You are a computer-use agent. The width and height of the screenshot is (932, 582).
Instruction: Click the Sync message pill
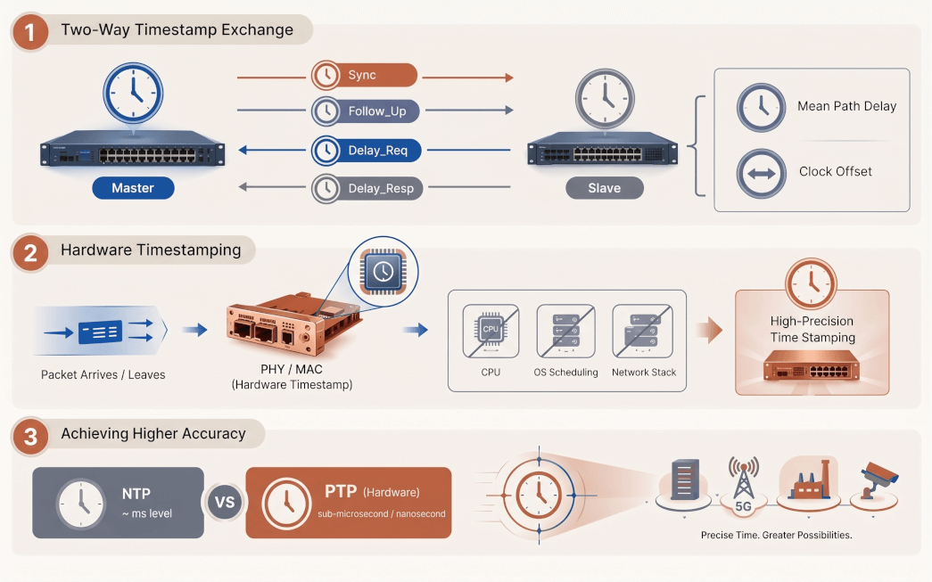(365, 76)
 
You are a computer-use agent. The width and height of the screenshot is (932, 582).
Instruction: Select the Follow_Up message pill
(366, 111)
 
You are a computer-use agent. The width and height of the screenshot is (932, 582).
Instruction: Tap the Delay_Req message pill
(367, 151)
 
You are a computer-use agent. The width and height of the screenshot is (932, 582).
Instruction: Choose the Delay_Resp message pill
(367, 188)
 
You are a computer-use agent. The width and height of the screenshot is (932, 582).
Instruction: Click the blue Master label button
(133, 188)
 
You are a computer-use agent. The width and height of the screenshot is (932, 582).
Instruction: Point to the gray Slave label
(605, 188)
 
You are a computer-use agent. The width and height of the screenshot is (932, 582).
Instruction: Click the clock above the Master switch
(133, 94)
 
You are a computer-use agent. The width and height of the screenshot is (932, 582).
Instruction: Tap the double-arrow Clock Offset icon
(762, 174)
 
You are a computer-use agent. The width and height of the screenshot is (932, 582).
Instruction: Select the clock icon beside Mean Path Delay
(762, 108)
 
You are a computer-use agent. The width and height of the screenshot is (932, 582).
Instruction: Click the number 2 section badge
(30, 253)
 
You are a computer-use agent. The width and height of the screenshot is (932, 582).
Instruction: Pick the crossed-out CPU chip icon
(491, 332)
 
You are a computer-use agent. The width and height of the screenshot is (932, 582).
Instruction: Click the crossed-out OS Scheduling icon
(565, 332)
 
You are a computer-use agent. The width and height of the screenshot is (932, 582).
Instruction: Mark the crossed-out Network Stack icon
(642, 332)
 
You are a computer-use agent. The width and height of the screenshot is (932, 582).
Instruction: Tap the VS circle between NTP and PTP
(225, 503)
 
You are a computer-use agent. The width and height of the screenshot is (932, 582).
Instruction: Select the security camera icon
(879, 479)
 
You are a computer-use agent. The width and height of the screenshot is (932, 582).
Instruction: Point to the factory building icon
(808, 480)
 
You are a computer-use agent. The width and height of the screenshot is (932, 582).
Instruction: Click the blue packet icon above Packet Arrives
(101, 332)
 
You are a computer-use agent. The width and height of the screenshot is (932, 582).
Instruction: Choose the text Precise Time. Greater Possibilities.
(776, 535)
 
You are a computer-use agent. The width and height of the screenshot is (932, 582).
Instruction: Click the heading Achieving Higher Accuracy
(153, 433)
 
